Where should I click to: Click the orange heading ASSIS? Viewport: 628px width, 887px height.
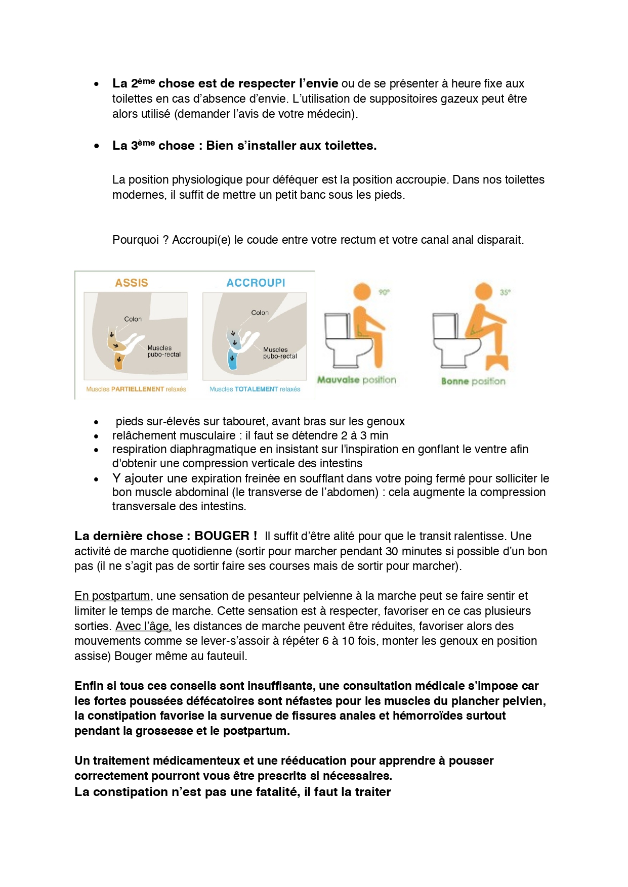(x=132, y=283)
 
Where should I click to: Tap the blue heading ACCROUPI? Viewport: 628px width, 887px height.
(x=256, y=283)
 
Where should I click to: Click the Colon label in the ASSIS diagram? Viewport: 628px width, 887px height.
(x=133, y=319)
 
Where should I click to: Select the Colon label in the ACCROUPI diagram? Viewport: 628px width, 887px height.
(x=260, y=313)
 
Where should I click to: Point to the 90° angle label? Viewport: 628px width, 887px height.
(x=384, y=292)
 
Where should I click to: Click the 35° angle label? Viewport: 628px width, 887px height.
(x=505, y=292)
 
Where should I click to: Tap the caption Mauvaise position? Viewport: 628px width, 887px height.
(x=356, y=380)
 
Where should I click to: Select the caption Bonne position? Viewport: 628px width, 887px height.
(x=473, y=381)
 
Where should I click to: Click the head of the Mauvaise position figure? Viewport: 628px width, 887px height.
(x=362, y=292)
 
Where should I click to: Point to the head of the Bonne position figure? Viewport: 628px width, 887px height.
(x=484, y=291)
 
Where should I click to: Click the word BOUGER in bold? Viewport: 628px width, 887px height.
(x=222, y=536)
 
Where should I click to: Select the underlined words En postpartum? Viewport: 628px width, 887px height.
(x=112, y=596)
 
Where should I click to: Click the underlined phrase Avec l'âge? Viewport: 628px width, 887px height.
(x=143, y=626)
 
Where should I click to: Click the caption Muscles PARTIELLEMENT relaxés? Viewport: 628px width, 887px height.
(x=136, y=389)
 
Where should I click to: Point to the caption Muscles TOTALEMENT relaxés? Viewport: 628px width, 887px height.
(x=255, y=389)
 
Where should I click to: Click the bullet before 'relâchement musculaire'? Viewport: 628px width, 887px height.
(x=96, y=436)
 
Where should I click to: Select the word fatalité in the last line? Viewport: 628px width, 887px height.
(x=275, y=792)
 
